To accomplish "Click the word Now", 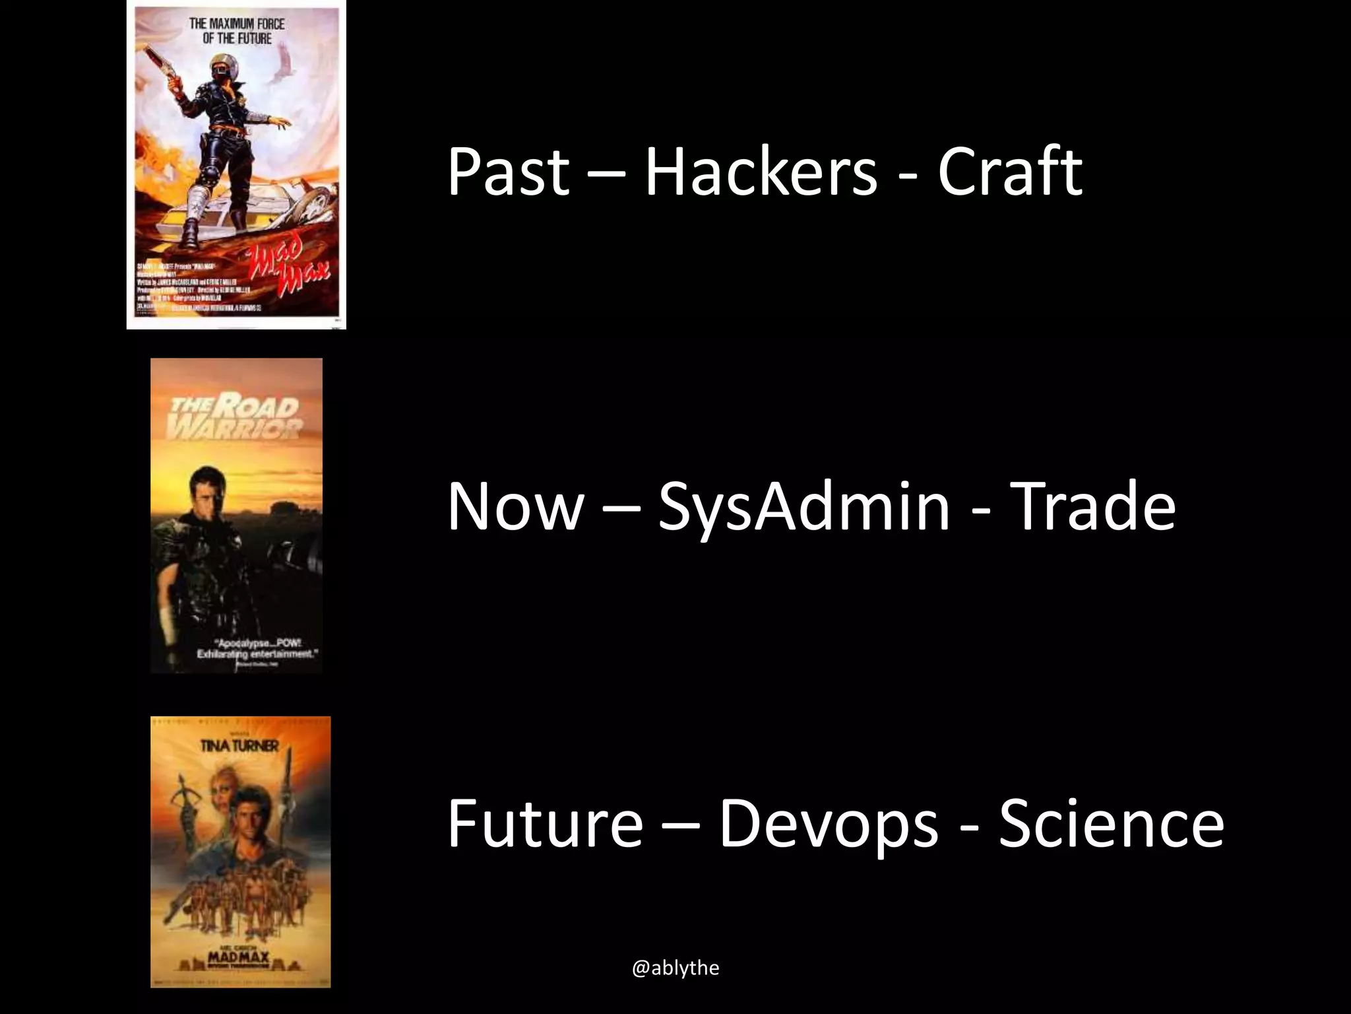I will point(515,507).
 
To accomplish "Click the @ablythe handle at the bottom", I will point(675,968).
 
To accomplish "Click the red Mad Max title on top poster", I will point(287,264).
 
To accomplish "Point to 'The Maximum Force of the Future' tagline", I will point(237,31).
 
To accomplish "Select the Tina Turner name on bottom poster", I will point(240,746).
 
